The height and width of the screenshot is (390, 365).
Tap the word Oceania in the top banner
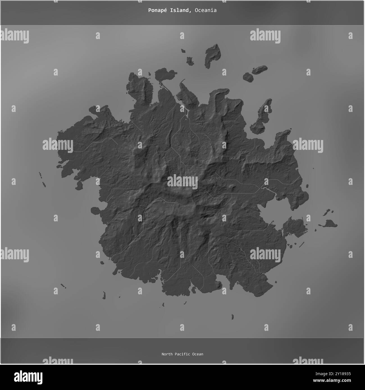coord(206,10)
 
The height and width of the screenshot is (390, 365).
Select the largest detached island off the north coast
coord(212,55)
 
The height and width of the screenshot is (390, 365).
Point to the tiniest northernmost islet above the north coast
coord(183,51)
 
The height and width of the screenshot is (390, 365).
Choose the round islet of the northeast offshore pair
coord(248,77)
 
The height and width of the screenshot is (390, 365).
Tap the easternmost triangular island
coord(330,223)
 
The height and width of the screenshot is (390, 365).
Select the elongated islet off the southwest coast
coord(104,295)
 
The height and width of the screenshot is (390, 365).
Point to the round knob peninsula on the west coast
coord(95,210)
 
